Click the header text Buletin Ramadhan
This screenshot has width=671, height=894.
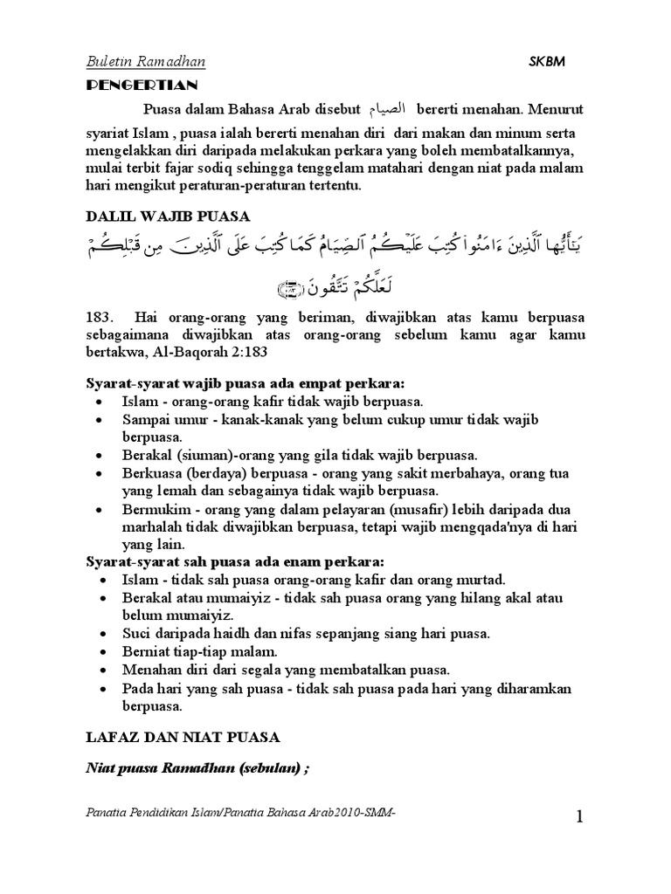pos(145,62)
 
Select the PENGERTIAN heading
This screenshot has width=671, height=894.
pos(142,85)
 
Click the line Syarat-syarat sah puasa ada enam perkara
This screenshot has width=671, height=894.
pos(236,560)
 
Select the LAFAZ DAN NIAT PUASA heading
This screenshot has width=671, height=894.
pos(182,737)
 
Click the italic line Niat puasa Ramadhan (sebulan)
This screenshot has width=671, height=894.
pos(197,768)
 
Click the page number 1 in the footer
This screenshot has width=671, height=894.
pos(578,817)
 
